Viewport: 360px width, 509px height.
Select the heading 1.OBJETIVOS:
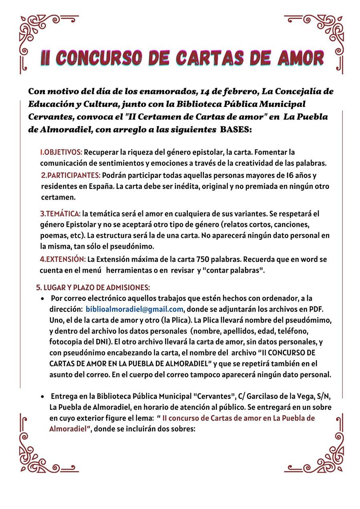61,152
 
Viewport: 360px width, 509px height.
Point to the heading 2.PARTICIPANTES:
71,175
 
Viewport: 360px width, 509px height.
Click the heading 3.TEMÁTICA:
60,214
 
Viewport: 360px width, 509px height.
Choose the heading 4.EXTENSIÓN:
63,259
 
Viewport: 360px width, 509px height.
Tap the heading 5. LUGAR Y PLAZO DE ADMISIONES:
93,287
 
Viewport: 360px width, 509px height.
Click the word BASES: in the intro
236,130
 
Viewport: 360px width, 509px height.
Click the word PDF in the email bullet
316,309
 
